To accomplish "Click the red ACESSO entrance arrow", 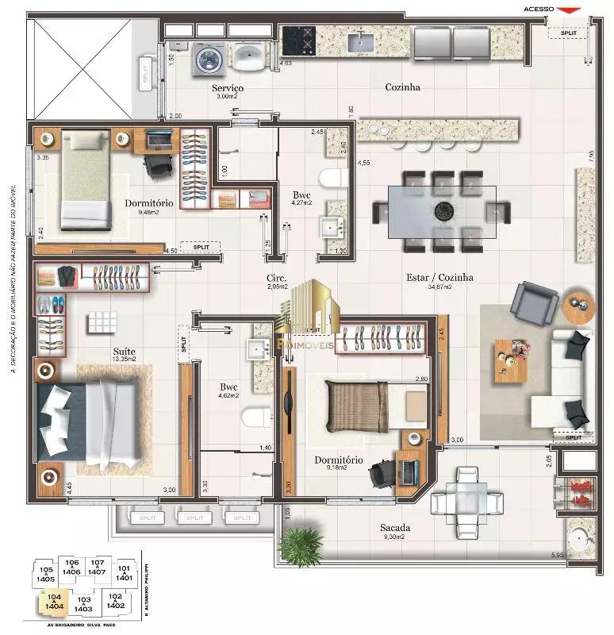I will (x=568, y=10).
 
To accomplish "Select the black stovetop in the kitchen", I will (x=299, y=38).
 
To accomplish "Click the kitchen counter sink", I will (x=363, y=40).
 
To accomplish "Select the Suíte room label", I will (x=124, y=351).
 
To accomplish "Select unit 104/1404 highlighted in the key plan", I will (x=54, y=601).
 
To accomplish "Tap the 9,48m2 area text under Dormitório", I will (x=149, y=213).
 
